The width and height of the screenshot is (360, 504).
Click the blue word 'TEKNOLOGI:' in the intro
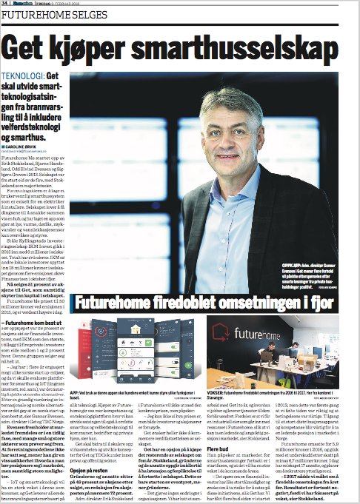[23, 76]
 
